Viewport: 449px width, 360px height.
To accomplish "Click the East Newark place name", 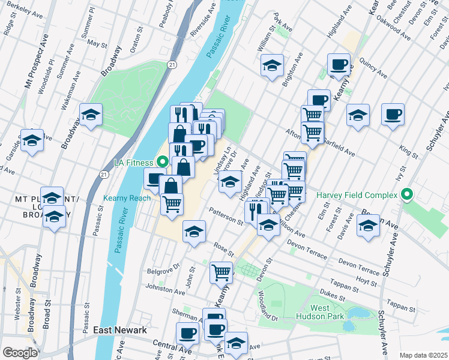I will click(120, 330).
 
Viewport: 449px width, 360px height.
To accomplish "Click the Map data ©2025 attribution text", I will click(423, 355).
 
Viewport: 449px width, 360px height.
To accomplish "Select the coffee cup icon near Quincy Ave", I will click(339, 64).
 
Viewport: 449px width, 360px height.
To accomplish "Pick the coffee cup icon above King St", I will click(393, 114).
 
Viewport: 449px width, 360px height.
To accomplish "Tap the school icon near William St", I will click(272, 65).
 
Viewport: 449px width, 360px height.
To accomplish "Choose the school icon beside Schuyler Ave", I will click(368, 225).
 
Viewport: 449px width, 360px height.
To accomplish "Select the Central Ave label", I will click(171, 347).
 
